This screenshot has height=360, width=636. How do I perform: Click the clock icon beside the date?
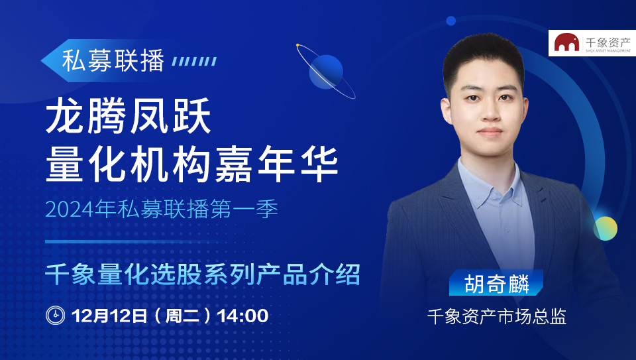point(56,316)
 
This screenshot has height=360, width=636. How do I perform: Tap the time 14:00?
point(242,316)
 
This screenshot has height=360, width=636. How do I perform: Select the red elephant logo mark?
point(566,42)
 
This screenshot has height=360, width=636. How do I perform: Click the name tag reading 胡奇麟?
point(496,283)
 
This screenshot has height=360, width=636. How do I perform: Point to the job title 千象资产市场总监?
point(497,316)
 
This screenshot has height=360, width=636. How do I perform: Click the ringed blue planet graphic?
point(326,72)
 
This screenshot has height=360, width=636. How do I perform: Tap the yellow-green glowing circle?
point(605,229)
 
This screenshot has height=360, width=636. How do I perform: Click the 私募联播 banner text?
point(113,61)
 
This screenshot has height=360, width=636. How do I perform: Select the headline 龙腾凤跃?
point(128,116)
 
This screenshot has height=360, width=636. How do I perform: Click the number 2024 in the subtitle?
point(70,210)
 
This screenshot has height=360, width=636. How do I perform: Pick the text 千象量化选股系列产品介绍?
point(203,274)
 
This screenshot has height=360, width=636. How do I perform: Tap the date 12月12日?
point(109,316)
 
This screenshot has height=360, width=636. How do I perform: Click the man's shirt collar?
point(490,185)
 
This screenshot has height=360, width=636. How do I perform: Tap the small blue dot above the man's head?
point(450,21)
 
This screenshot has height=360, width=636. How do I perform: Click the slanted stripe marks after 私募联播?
point(194,61)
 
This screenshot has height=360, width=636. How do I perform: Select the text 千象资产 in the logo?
point(608,42)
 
